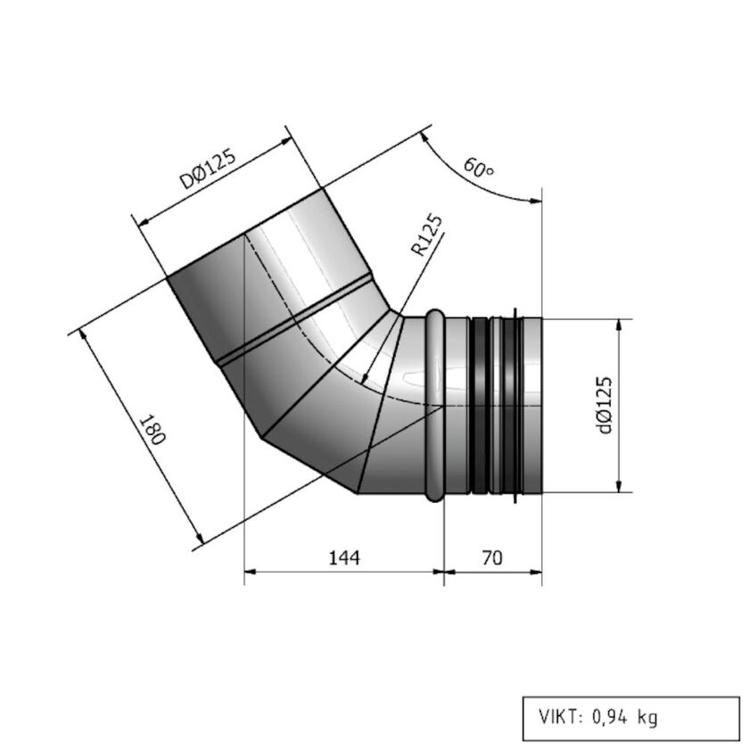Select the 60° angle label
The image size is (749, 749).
[479, 168]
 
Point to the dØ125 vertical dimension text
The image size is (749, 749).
[605, 405]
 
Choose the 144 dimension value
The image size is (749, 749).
[344, 558]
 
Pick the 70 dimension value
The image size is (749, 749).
[491, 558]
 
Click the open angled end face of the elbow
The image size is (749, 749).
[245, 234]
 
